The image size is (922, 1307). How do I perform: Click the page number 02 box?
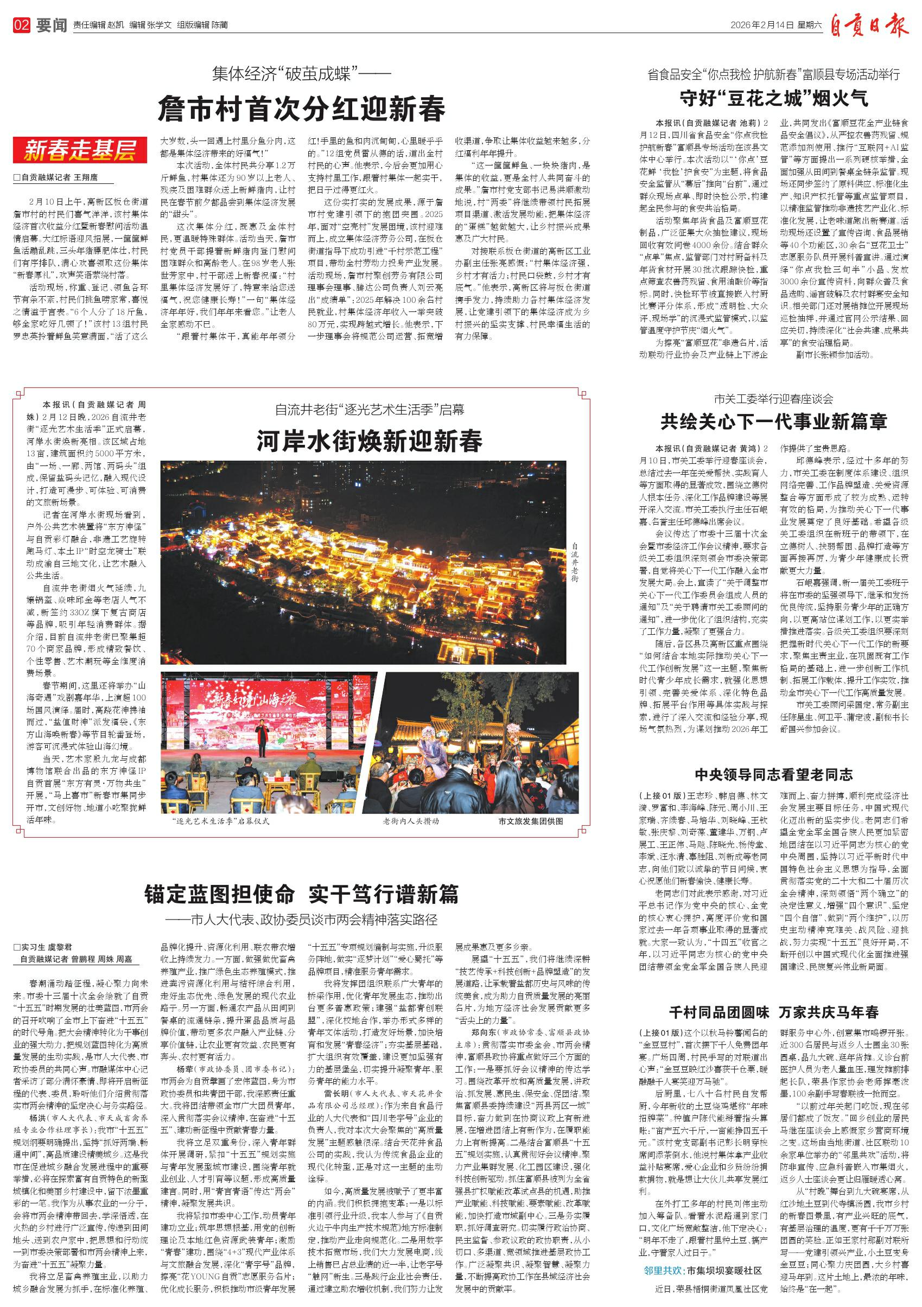[22, 25]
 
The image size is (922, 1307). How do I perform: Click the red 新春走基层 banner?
[80, 149]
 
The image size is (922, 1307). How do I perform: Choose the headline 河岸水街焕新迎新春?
[370, 441]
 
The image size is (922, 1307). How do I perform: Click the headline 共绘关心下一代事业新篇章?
[773, 422]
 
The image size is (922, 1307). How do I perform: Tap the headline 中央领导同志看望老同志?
[773, 774]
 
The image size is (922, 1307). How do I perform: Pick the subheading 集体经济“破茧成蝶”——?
[301, 73]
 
